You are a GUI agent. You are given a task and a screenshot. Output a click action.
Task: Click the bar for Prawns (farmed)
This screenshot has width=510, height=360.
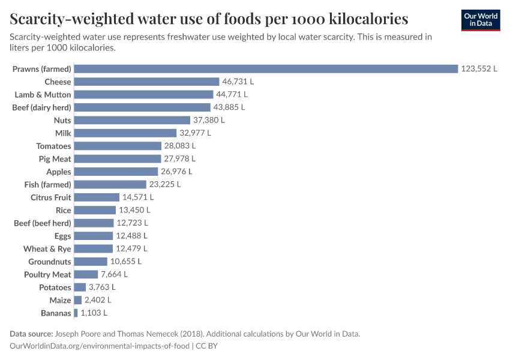tap(266, 69)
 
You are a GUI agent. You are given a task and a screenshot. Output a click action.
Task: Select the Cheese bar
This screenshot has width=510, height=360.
tap(147, 82)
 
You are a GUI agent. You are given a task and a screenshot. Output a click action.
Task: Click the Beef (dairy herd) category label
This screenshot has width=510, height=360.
tap(42, 107)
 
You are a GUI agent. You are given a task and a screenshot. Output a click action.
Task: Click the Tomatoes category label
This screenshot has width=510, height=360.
tap(53, 146)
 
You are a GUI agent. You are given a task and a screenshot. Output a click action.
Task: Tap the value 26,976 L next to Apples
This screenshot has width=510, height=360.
tap(178, 172)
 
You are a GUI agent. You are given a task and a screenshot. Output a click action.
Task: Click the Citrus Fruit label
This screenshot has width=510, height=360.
tap(51, 197)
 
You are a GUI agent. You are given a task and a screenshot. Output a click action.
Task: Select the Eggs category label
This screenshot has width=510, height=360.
tap(62, 236)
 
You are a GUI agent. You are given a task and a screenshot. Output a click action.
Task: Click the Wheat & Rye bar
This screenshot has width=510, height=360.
tap(94, 248)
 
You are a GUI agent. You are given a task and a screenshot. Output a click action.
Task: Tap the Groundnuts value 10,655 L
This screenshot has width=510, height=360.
tap(126, 262)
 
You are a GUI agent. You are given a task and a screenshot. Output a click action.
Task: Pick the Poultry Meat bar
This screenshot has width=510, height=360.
tap(86, 274)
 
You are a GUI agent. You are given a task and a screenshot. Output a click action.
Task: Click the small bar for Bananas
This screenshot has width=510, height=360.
tap(76, 313)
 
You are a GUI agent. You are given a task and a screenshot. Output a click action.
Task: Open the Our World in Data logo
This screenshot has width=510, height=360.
tap(481, 20)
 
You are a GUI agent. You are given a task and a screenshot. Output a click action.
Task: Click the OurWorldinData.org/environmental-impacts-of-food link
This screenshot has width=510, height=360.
tap(99, 346)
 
